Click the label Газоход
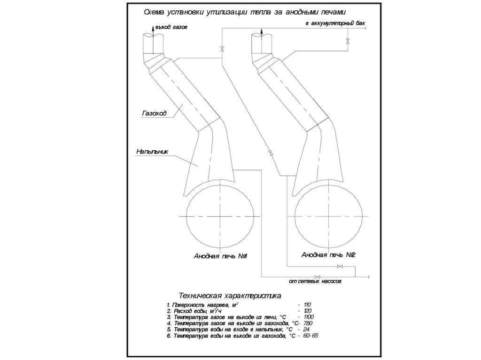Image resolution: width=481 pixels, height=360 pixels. (153, 113)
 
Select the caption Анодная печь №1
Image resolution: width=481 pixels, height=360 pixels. (220, 256)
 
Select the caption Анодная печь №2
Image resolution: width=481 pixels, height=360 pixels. (327, 255)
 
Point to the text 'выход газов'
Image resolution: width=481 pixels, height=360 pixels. (171, 28)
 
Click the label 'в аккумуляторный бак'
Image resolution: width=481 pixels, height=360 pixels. (335, 23)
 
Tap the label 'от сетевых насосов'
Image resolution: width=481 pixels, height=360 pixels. (315, 282)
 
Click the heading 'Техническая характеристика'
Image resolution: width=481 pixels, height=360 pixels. (230, 296)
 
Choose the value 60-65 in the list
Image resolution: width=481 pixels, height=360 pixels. (311, 336)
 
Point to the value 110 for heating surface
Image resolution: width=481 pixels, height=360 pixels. (308, 305)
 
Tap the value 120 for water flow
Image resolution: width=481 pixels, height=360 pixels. (308, 311)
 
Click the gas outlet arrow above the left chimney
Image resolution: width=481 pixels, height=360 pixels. (152, 29)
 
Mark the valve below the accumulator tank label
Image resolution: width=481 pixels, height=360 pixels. (348, 42)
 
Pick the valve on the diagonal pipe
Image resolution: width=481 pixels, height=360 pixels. (270, 153)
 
